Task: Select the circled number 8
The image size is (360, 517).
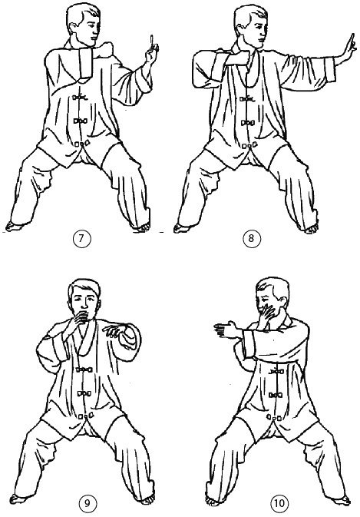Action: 251,238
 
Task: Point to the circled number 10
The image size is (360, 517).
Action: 279,503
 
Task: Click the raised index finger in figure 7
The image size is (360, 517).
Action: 152,41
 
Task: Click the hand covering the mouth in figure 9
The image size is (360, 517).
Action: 78,320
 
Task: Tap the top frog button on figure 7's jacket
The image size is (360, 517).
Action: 80,97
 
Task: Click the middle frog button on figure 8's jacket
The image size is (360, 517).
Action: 248,124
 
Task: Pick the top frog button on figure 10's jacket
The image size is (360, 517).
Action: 276,372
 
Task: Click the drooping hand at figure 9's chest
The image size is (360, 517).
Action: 114,331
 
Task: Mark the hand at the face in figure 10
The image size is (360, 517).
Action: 267,314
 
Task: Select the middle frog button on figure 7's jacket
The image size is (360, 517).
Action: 80,121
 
